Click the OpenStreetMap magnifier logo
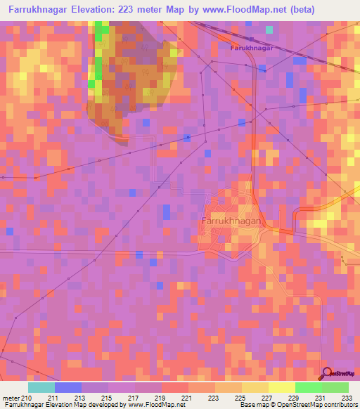coord(327,373)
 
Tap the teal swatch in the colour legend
coord(41,387)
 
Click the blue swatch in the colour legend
coord(68,387)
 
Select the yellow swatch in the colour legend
coord(282,387)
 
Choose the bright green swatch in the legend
coord(309,387)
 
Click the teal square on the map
coord(269,30)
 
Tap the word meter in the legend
coord(11,397)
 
